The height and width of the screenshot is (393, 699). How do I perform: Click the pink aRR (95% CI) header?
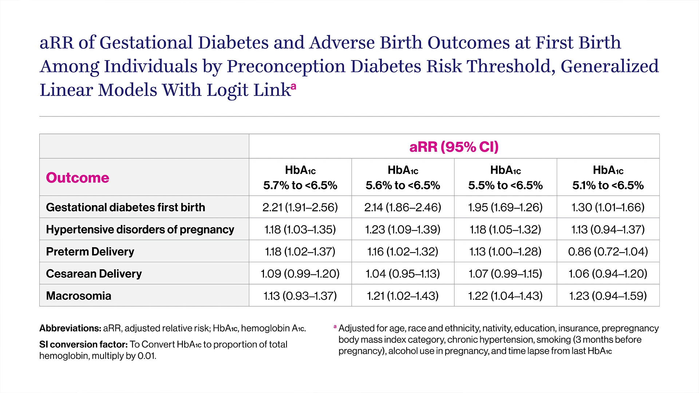tap(454, 147)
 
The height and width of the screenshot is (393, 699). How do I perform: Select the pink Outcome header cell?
tap(78, 178)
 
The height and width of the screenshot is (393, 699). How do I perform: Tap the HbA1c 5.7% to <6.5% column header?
tap(300, 178)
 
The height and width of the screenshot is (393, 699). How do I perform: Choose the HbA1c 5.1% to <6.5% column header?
tap(608, 178)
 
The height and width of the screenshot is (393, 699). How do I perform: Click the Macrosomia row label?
tap(78, 296)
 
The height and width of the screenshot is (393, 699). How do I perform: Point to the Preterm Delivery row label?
tap(90, 251)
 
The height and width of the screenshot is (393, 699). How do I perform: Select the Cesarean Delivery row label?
tap(94, 274)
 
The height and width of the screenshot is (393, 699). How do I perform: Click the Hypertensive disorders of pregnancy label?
tap(140, 229)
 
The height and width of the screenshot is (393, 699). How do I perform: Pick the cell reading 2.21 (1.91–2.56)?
tap(300, 207)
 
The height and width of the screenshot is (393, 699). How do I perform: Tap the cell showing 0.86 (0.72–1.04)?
tap(608, 251)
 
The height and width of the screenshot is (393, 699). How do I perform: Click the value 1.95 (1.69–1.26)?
tap(505, 207)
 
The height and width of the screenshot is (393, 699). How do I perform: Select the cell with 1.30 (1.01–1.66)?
tap(608, 207)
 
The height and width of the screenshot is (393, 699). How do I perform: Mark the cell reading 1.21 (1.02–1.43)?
tap(403, 296)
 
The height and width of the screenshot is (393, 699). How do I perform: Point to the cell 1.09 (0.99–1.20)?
tap(300, 274)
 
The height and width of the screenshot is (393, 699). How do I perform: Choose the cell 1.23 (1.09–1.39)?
tap(403, 229)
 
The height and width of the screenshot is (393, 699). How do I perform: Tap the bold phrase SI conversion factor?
tap(83, 344)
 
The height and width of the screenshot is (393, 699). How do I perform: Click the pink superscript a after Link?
tap(293, 86)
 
